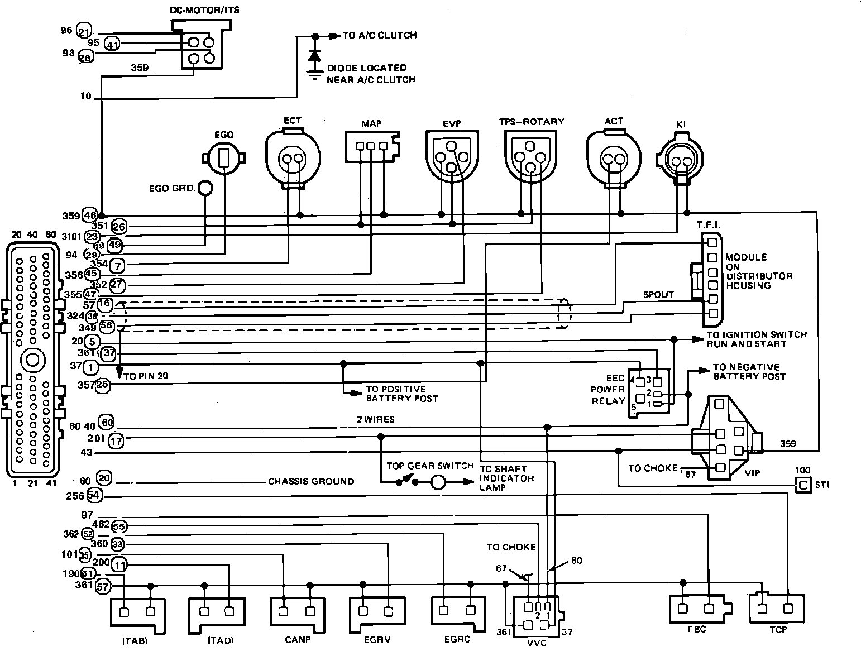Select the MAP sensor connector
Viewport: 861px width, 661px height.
click(371, 145)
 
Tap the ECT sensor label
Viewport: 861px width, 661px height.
click(292, 121)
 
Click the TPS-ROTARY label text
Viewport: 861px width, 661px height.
click(531, 121)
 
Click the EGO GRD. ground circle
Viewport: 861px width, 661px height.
click(205, 188)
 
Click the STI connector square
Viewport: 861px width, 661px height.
click(803, 485)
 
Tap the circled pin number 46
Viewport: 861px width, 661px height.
click(90, 215)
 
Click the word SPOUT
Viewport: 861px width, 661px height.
click(658, 294)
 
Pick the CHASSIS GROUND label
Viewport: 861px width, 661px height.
click(310, 481)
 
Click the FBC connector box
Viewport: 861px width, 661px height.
click(697, 609)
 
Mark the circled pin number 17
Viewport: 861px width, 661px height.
click(116, 441)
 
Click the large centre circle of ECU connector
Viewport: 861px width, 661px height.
click(32, 359)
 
